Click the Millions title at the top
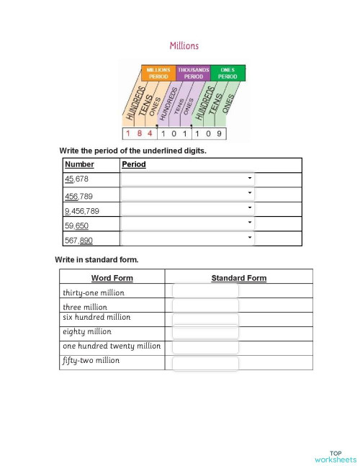[x=184, y=45]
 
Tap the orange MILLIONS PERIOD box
[x=158, y=73]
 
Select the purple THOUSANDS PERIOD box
[x=193, y=73]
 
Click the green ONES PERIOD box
[x=228, y=73]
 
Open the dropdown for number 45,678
[x=188, y=179]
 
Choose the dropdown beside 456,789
[x=188, y=194]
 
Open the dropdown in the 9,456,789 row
[x=188, y=210]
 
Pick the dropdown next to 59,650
[x=188, y=224]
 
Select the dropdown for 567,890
[x=188, y=239]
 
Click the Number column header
[x=79, y=164]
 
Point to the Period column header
[x=134, y=164]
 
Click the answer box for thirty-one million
[x=205, y=291]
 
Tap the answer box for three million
[x=205, y=305]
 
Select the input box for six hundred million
[x=205, y=320]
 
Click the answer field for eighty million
[x=205, y=333]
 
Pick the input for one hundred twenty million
[x=205, y=348]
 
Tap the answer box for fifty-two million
[x=205, y=363]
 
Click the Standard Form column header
[x=238, y=278]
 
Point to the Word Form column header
[x=112, y=278]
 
